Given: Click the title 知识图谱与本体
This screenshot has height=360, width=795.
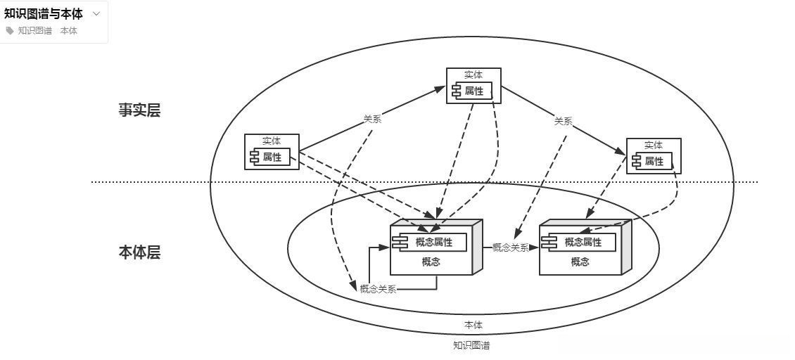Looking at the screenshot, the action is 43,13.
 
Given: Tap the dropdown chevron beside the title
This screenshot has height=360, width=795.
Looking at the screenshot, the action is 96,13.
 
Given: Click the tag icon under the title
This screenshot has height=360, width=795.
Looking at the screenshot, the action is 10,30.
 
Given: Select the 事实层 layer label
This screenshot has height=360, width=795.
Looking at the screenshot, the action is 139,110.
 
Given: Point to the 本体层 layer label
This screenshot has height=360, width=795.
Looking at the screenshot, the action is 139,252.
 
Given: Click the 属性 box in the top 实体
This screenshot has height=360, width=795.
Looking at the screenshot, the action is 471,91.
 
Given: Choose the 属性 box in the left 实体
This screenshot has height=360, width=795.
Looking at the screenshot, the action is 269,157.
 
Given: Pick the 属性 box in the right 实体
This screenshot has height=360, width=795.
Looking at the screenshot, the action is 652,162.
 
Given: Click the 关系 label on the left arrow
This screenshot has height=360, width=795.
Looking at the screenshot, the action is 372,119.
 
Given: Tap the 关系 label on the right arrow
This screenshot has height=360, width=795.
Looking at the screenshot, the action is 563,121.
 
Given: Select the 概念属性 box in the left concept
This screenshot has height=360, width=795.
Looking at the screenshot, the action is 429,243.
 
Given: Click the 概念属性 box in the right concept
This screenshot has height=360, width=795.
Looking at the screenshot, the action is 578,243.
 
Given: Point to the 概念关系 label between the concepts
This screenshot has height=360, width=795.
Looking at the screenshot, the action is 511,247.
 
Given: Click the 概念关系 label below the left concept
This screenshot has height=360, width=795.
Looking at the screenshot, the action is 379,290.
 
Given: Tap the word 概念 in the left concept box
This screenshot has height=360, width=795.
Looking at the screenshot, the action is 431,262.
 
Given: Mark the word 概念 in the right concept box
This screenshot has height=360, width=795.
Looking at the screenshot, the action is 580,262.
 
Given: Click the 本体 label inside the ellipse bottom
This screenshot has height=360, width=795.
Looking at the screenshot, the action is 473,325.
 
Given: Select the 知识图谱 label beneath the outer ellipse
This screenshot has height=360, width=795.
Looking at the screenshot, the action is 471,345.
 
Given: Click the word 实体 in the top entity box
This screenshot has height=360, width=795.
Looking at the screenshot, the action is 473,75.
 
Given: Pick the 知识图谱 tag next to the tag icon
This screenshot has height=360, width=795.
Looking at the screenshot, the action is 35,30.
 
